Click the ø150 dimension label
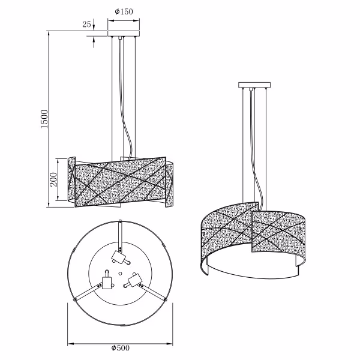click(123, 11)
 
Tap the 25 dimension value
click(86, 25)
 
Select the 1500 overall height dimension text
click(43, 119)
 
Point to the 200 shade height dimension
click(53, 179)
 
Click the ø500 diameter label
click(121, 348)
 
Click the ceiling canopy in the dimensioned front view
click(123, 34)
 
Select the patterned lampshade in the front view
click(120, 180)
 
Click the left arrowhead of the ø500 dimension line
click(69, 343)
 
